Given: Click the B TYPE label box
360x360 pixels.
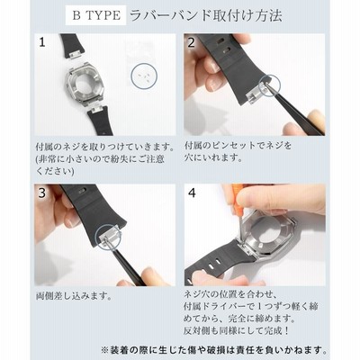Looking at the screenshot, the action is (x=95, y=15).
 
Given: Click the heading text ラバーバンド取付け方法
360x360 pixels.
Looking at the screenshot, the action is (x=206, y=15).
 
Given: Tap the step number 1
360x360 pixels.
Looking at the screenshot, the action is (x=42, y=42).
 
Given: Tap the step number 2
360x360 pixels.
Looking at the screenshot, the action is (x=191, y=42).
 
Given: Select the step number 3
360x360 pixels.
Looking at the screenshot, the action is (x=41, y=193).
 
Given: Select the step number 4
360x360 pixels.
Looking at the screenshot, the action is (x=192, y=193).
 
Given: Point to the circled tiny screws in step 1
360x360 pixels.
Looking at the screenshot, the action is (x=144, y=76).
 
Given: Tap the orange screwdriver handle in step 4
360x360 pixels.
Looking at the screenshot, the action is (x=238, y=194).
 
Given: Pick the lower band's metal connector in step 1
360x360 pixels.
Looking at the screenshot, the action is (x=96, y=109).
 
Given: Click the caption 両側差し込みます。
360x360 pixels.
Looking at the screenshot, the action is (x=74, y=296).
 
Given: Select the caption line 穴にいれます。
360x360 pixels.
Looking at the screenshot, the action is (x=213, y=157).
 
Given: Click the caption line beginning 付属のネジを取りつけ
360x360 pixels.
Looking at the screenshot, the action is (x=105, y=147).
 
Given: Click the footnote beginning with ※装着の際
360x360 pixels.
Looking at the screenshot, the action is (x=214, y=350).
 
